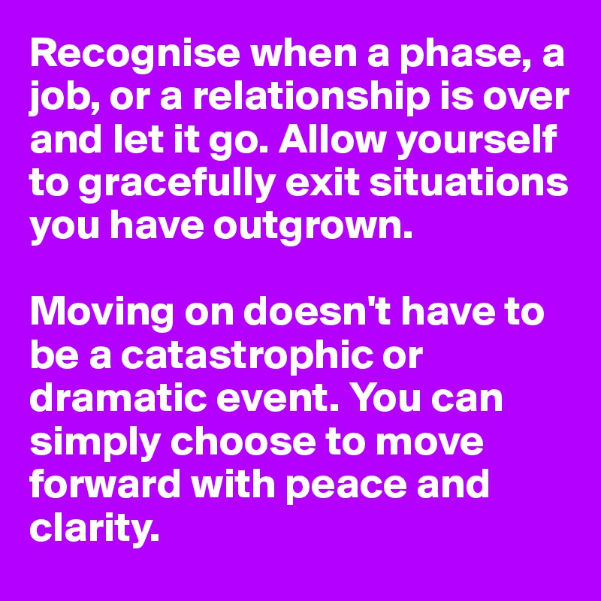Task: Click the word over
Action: [x=525, y=101]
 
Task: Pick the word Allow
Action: [x=331, y=139]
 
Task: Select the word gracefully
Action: [x=177, y=183]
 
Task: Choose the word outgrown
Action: [x=313, y=226]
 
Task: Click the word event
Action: [x=277, y=399]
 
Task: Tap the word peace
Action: [x=346, y=486]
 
